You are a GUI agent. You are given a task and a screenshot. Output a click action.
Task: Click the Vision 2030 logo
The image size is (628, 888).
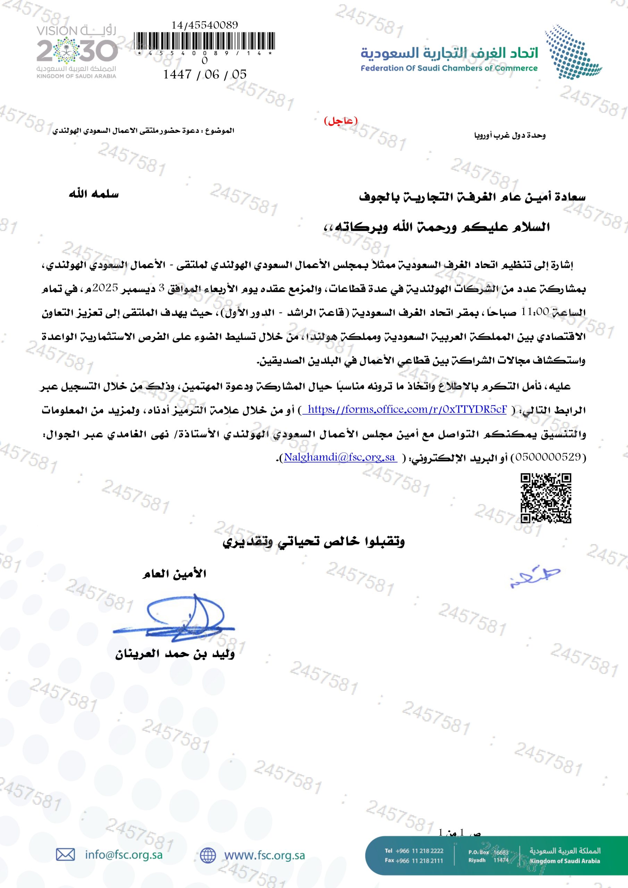77,51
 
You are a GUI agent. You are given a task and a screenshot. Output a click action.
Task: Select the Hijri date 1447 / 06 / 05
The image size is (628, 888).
205,74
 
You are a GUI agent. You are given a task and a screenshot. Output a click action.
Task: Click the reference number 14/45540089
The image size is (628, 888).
205,25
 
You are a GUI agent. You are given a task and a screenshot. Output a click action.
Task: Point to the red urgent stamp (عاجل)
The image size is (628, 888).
340,121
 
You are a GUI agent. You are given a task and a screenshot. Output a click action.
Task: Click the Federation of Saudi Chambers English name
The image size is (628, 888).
449,68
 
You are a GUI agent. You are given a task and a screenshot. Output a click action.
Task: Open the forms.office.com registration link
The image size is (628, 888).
407,410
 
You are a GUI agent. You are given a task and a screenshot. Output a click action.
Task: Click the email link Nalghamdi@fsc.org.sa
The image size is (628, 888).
340,457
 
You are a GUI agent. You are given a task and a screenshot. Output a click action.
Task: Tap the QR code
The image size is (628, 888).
545,498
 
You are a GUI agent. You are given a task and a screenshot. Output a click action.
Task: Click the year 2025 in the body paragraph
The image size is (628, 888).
492,288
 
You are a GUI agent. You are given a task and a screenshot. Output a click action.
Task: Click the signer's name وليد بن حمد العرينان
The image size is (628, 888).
175,655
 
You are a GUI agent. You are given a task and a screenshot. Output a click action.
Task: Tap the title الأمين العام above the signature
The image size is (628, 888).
174,574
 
